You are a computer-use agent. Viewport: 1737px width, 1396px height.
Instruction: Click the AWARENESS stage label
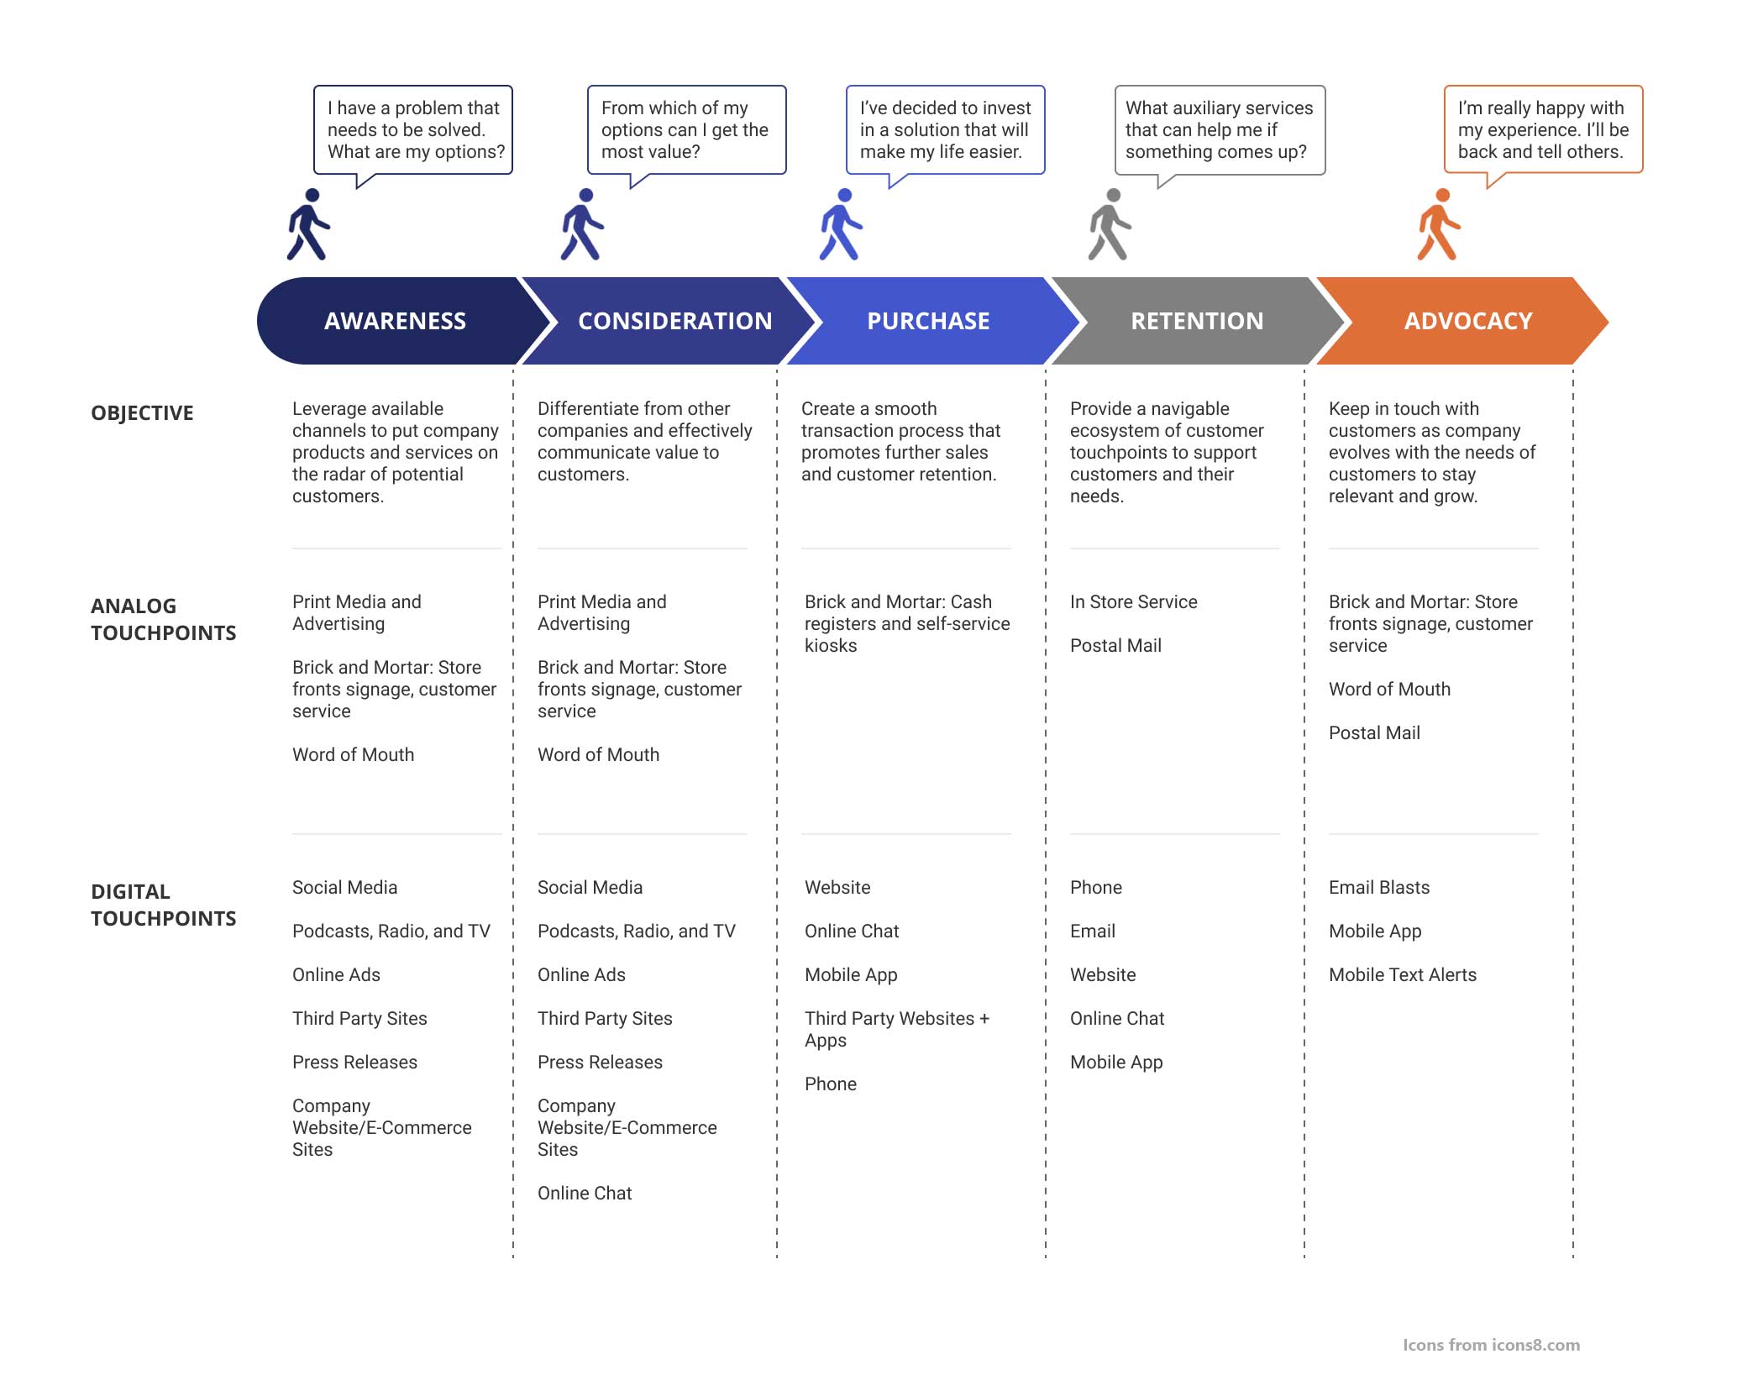click(x=395, y=321)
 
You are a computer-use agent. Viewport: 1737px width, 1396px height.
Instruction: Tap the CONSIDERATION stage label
click(x=675, y=321)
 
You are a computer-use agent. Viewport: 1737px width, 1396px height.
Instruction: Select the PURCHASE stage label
click(x=928, y=321)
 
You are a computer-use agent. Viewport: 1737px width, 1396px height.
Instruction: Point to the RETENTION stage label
click(x=1197, y=321)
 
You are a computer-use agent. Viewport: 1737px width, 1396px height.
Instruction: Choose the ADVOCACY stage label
click(x=1468, y=321)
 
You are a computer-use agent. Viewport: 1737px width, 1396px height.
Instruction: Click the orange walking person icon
click(x=1439, y=224)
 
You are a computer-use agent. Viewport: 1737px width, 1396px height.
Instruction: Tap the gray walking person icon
click(x=1110, y=224)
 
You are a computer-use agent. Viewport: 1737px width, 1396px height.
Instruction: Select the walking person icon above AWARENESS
click(x=308, y=224)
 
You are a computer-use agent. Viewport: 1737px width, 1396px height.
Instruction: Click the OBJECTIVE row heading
click(x=142, y=413)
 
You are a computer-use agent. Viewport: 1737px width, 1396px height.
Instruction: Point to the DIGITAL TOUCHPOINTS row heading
click(x=164, y=905)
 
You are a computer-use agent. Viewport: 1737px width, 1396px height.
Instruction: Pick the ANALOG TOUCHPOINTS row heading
click(x=164, y=619)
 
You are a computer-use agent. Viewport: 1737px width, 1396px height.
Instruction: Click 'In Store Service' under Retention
click(x=1133, y=601)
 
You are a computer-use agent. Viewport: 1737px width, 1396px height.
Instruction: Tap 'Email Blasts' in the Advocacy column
click(x=1378, y=887)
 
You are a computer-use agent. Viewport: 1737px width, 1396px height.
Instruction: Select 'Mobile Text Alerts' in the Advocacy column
click(x=1402, y=974)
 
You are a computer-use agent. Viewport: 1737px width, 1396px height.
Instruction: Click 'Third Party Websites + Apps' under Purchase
click(x=897, y=1029)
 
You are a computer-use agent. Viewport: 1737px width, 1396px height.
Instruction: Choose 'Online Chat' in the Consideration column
click(x=585, y=1193)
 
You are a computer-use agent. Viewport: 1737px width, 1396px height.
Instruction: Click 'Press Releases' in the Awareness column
click(x=354, y=1062)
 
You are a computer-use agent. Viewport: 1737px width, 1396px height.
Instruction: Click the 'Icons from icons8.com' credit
click(x=1491, y=1345)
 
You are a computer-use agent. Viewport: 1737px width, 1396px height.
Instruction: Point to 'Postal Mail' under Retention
click(x=1115, y=645)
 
